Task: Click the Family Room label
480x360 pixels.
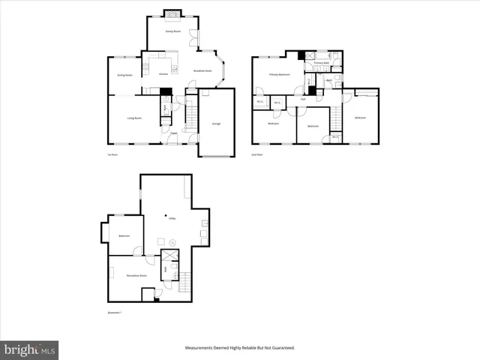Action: pos(173,31)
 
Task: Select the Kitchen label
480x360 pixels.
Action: pos(164,73)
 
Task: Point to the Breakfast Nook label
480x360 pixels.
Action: pos(202,70)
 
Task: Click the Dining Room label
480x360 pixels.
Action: pos(124,75)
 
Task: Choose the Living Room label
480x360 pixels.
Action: pos(135,118)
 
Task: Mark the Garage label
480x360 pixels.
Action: pos(216,123)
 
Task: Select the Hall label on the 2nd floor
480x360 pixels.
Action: pos(303,99)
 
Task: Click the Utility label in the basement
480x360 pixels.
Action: pos(172,218)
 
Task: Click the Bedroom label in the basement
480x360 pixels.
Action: pos(124,236)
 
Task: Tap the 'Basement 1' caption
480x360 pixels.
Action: pos(115,312)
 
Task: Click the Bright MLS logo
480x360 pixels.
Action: pos(30,349)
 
